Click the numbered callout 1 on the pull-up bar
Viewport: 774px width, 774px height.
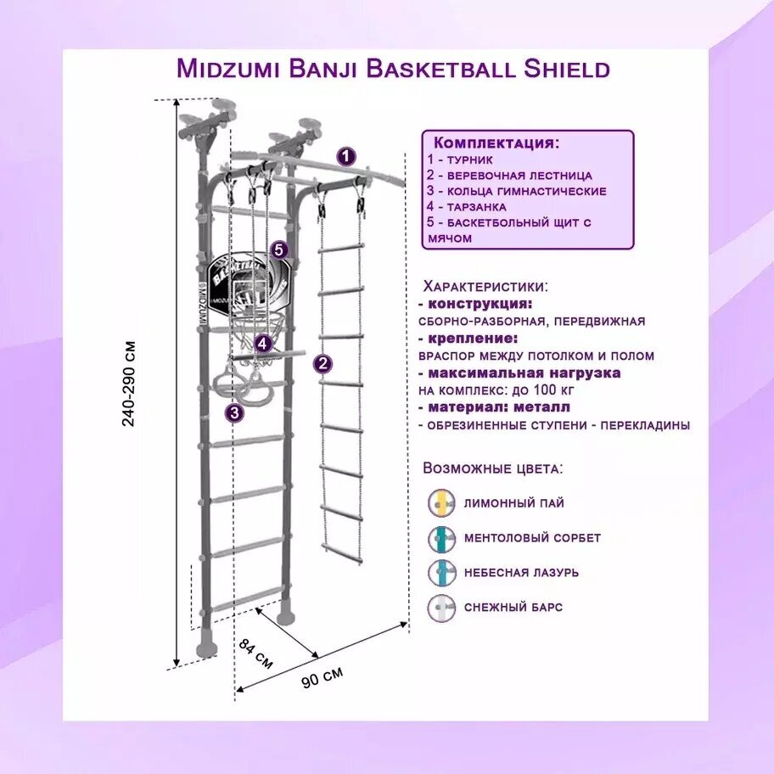click(346, 156)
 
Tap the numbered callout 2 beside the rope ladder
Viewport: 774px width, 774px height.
click(322, 364)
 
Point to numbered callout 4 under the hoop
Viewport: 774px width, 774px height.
click(264, 344)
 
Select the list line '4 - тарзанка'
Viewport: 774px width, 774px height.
click(467, 206)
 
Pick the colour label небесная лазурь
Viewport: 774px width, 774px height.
click(521, 572)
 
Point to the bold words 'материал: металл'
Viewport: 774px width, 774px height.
click(486, 407)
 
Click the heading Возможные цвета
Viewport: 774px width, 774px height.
click(492, 468)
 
